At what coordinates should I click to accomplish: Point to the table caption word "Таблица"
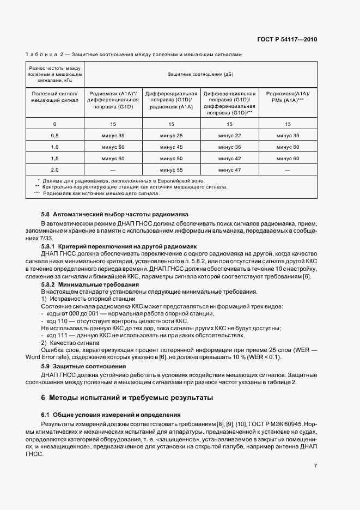pos(41,54)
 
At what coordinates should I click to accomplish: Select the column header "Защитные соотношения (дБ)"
pos(200,74)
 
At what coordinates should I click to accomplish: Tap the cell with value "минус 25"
pos(172,135)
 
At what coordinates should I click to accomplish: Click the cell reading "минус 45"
pos(172,147)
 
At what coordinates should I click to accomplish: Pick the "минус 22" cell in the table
pos(229,135)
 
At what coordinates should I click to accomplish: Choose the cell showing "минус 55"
pos(172,171)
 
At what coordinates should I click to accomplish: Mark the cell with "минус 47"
pos(229,171)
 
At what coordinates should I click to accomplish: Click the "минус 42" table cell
pos(229,159)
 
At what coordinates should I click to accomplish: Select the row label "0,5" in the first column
pos(54,135)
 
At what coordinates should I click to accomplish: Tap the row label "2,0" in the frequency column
pos(54,171)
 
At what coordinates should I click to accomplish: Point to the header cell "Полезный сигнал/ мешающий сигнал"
pos(54,97)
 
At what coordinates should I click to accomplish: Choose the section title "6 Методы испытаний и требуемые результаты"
pos(127,398)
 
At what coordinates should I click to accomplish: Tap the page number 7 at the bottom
pos(315,465)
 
